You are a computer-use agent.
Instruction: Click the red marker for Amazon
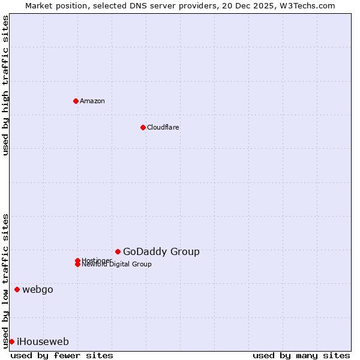[76, 101]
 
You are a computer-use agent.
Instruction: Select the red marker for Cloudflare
[143, 127]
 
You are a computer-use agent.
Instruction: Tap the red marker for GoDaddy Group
[118, 251]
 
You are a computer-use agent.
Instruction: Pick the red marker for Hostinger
[77, 260]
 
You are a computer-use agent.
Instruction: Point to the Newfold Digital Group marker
[77, 264]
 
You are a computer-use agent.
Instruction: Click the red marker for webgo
[17, 290]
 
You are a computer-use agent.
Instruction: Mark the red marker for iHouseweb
[11, 341]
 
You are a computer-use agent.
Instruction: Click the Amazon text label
[92, 101]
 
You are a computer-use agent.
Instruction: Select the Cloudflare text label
[163, 127]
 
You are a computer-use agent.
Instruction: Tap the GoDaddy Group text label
[161, 252]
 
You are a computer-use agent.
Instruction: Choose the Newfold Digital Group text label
[117, 265]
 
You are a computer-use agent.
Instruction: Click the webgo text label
[38, 290]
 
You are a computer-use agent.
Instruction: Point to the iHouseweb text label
[43, 342]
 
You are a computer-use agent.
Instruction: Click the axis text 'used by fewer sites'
[62, 355]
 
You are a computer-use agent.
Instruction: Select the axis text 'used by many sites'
[301, 355]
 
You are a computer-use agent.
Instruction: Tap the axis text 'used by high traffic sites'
[5, 85]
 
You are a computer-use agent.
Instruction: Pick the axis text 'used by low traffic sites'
[5, 280]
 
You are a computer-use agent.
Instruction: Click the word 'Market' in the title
[39, 5]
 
